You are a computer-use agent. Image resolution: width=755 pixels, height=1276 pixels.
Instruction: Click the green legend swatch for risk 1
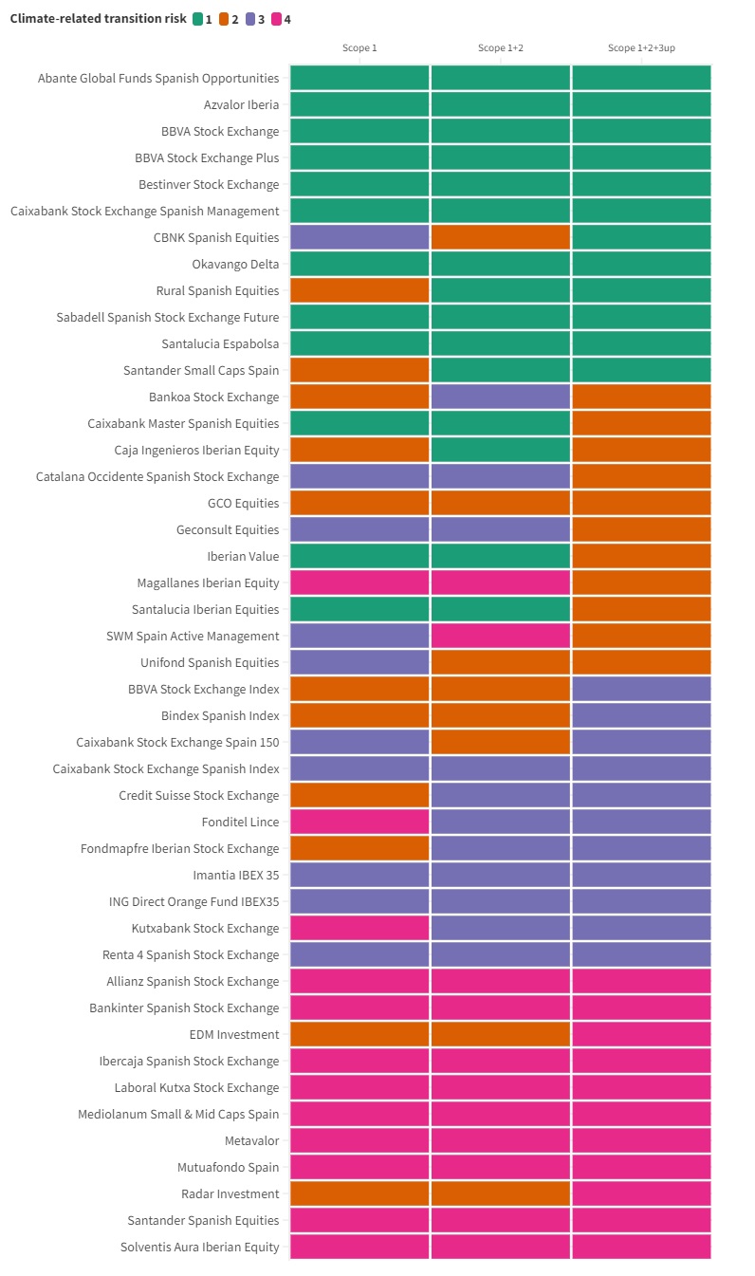(197, 19)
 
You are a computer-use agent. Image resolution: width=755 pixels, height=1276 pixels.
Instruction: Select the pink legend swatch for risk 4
(277, 19)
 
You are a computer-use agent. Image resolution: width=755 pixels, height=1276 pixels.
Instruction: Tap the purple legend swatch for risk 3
(250, 19)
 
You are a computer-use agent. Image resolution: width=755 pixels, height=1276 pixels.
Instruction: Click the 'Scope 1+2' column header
(501, 47)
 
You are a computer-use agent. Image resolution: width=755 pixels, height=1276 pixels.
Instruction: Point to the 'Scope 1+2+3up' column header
(641, 47)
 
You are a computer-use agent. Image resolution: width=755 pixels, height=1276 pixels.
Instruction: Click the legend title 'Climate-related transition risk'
(99, 19)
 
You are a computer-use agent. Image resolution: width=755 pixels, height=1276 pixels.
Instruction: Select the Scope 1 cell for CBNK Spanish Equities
(359, 237)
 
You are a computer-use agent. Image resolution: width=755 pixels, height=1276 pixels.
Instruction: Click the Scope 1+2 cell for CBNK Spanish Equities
(501, 237)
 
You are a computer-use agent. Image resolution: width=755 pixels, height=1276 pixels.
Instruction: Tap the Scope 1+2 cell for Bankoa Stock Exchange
(501, 397)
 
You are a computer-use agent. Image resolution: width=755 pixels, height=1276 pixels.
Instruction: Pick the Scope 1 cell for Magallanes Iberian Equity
(359, 583)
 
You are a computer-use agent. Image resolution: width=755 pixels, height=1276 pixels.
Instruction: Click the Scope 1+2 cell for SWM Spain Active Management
(501, 636)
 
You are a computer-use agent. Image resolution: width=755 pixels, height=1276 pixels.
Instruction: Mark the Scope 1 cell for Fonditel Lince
(359, 822)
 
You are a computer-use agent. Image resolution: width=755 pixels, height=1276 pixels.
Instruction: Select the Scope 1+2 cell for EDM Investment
(501, 1034)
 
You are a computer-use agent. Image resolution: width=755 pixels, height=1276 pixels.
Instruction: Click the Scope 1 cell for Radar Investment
(359, 1193)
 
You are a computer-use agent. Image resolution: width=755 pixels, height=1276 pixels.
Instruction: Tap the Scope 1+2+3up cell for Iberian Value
(641, 556)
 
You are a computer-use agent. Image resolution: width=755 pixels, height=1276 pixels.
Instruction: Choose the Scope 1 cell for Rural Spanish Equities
(359, 290)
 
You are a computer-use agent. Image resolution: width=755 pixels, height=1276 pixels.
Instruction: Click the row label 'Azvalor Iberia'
(241, 104)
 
